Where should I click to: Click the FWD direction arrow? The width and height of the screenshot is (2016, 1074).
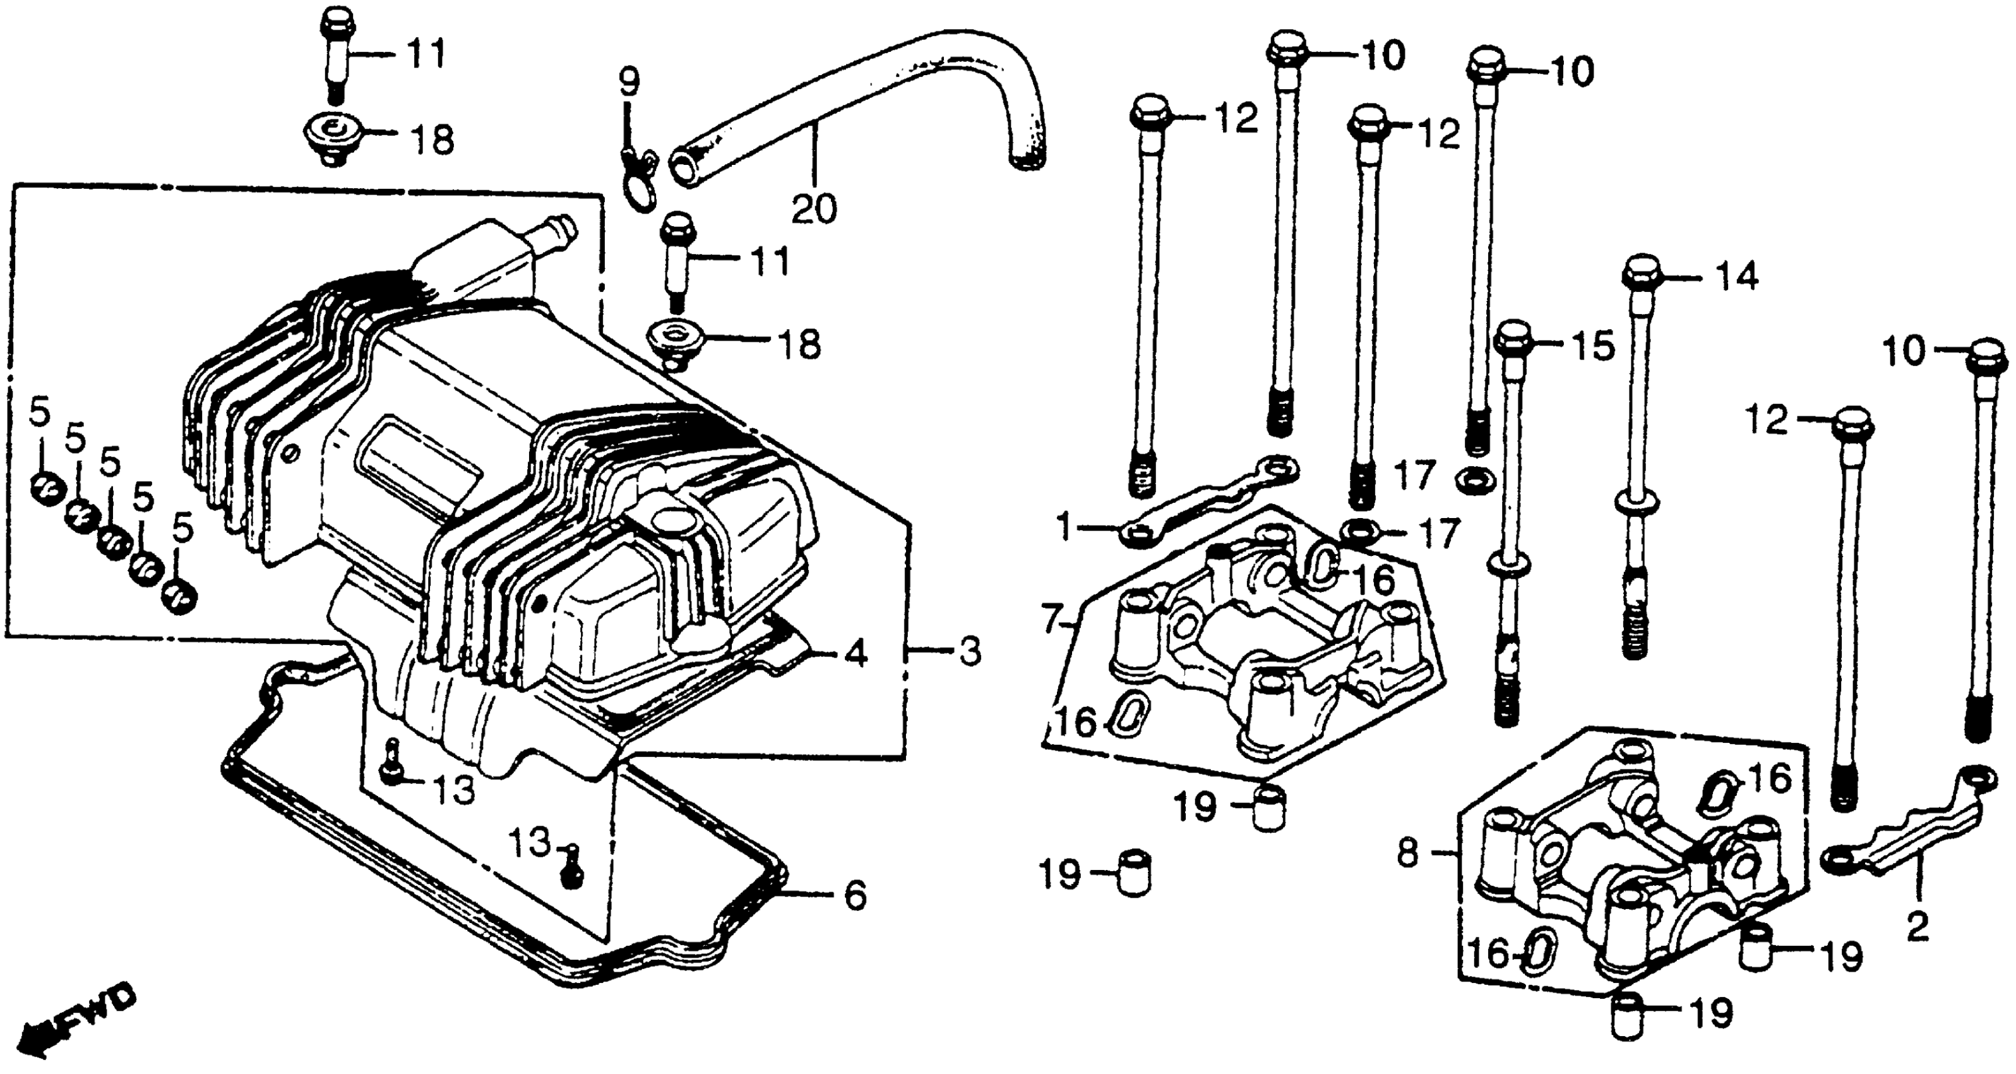(75, 1022)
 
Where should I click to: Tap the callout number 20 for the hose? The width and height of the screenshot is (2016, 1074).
(813, 209)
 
